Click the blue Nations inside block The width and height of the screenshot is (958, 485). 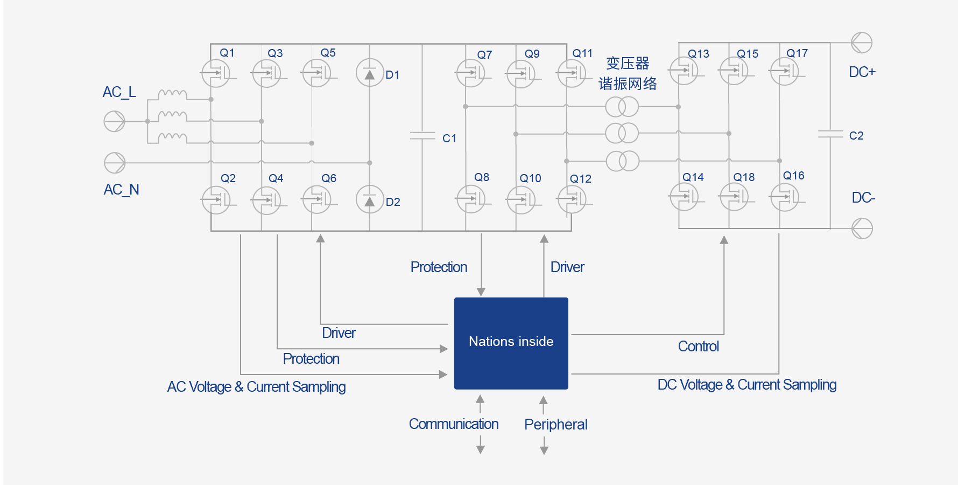coord(511,343)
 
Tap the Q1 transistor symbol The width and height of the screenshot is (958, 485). coord(216,73)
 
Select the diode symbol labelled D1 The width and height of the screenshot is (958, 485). coord(370,73)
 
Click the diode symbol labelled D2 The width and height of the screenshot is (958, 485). coord(370,199)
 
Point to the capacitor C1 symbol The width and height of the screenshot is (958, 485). coord(422,136)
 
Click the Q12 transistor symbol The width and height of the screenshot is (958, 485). coord(572,199)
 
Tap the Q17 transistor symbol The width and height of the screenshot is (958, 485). coord(785,71)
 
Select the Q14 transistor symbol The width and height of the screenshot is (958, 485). coord(684,197)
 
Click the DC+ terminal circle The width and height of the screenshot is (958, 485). coord(862,43)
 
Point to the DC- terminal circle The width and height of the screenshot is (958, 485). coord(862,228)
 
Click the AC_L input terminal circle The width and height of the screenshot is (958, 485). coord(114,121)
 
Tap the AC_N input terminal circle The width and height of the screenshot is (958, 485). coord(115,163)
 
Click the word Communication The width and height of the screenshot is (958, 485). coord(454,424)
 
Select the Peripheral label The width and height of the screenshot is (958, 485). coord(556,425)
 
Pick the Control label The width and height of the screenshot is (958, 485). coord(699,347)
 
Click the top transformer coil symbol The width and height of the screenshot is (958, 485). coord(622,107)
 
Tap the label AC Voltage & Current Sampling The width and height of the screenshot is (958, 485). coord(256,387)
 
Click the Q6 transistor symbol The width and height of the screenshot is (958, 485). coord(317,199)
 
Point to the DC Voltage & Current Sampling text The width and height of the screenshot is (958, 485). coord(747,385)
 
